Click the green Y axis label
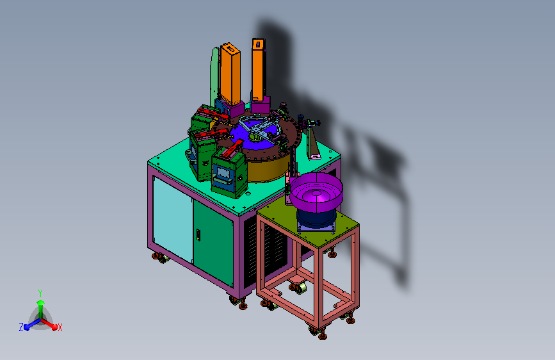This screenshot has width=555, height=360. click(x=40, y=293)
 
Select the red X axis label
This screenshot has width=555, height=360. click(x=60, y=328)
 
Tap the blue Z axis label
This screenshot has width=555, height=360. click(x=21, y=327)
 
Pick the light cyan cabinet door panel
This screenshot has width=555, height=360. click(x=173, y=218)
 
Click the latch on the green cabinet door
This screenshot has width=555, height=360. click(x=198, y=235)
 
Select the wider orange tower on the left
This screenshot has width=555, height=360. click(x=230, y=74)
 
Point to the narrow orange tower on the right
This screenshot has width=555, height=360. click(x=259, y=69)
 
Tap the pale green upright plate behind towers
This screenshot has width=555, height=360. click(x=214, y=78)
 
